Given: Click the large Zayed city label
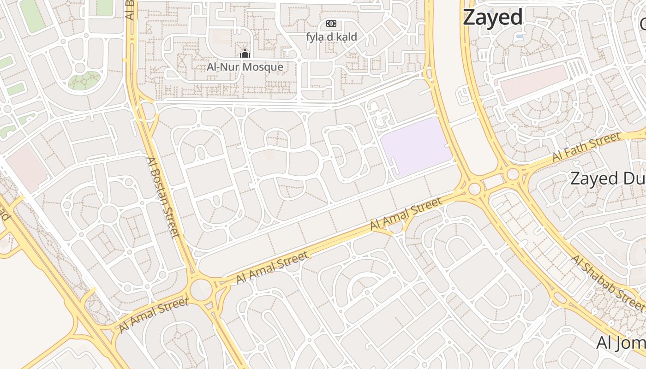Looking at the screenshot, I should point(492,18).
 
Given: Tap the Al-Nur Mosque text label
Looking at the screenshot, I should point(245,67).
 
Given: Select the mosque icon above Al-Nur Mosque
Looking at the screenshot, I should point(245,54).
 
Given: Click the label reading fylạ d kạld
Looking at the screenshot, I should point(331,37).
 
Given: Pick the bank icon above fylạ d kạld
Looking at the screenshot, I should point(331,24).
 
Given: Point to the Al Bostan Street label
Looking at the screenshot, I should point(162,197).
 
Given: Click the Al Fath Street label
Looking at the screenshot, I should point(586,147).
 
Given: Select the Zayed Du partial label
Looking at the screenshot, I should point(607,178).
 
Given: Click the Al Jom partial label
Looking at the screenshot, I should point(621,343).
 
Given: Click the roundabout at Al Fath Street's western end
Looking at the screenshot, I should point(513,175).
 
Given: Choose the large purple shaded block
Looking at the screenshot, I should point(415,147).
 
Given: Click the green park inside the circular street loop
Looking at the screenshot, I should point(84,80).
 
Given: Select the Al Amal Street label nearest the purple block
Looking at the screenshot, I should point(406,213).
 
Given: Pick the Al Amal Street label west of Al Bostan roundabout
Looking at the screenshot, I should point(154,315).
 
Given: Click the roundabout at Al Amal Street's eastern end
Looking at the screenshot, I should point(474,189).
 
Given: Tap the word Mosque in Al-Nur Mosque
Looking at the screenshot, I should point(263,67).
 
